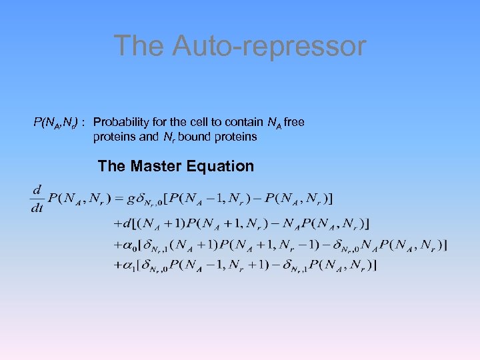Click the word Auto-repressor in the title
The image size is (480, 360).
[269, 46]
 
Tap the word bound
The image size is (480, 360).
[199, 137]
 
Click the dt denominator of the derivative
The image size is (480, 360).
[37, 207]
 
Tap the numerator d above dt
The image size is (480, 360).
[37, 191]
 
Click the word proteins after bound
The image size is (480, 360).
[236, 137]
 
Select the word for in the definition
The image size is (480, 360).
[156, 123]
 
